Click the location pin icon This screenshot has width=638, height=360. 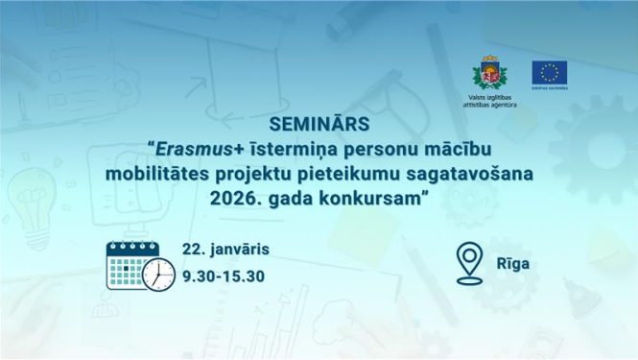(x=468, y=263)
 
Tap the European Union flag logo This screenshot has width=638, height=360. (x=550, y=73)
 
